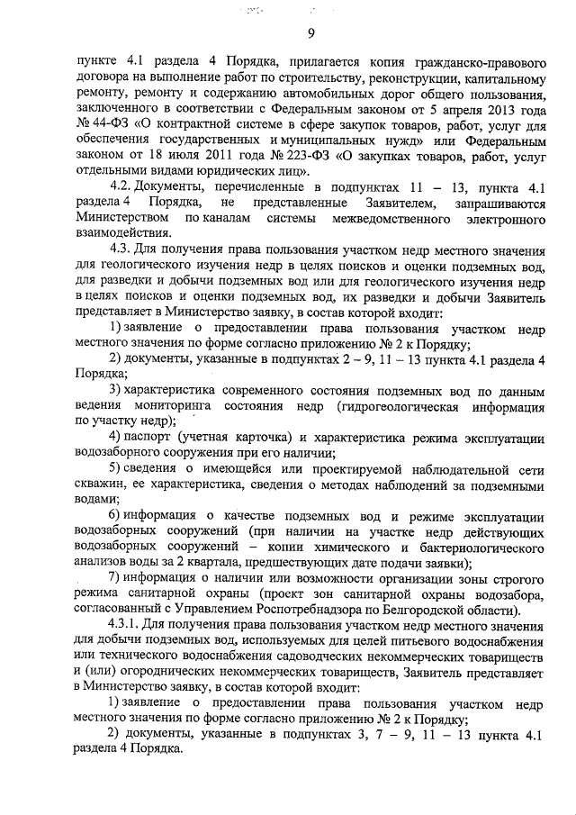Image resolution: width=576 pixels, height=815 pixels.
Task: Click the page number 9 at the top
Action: (x=309, y=34)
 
